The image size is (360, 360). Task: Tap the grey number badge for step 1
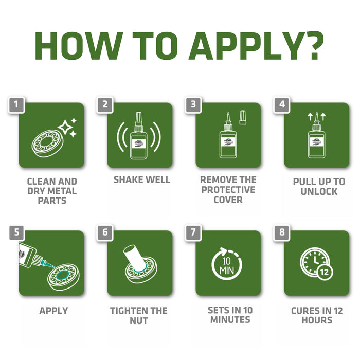[x=16, y=105]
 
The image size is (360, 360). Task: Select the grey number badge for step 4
[x=282, y=105]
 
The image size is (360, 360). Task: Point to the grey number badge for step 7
[x=193, y=232]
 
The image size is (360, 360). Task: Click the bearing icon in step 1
[x=48, y=143]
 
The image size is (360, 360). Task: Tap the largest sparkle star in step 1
[x=65, y=127]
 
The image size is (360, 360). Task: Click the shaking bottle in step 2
[x=139, y=135]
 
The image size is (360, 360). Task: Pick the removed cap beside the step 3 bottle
[x=243, y=117]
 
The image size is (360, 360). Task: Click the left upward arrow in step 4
[x=310, y=117]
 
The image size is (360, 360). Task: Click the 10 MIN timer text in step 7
[x=227, y=266]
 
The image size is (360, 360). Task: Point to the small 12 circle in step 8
[x=325, y=272]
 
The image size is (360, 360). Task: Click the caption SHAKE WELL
[x=142, y=180]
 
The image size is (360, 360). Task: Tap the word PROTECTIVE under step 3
[x=228, y=190]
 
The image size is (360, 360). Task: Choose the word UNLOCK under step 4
[x=319, y=191]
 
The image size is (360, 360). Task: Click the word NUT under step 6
[x=139, y=320]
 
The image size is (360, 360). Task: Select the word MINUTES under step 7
[x=230, y=319]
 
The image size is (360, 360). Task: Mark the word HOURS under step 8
[x=317, y=320]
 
